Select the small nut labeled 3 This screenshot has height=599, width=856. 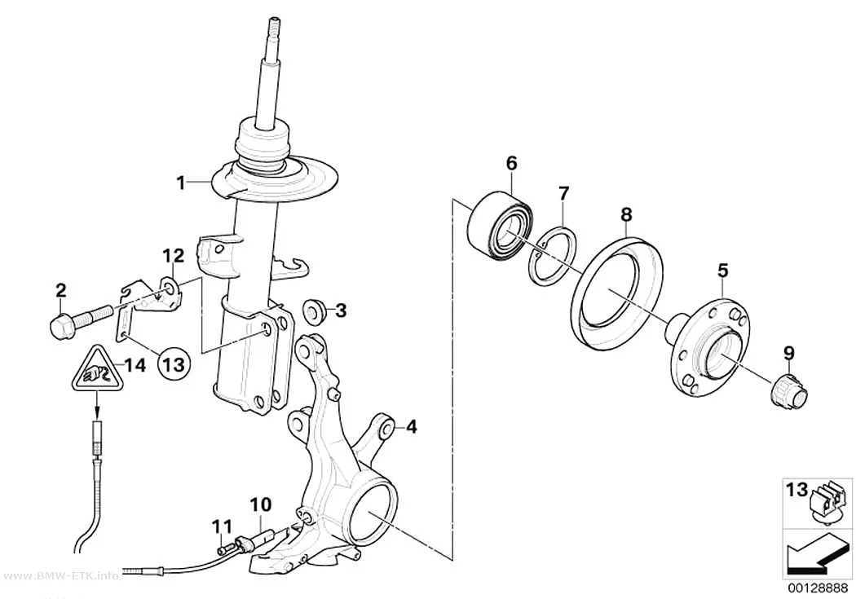pyautogui.click(x=313, y=310)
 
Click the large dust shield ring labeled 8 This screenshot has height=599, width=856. pyautogui.click(x=617, y=289)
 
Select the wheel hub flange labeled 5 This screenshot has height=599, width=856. pyautogui.click(x=712, y=346)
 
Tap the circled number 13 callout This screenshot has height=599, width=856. pyautogui.click(x=174, y=362)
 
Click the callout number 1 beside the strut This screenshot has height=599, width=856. pyautogui.click(x=181, y=183)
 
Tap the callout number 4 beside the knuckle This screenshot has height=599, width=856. pyautogui.click(x=411, y=426)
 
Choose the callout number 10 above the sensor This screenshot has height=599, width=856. pyautogui.click(x=260, y=505)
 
